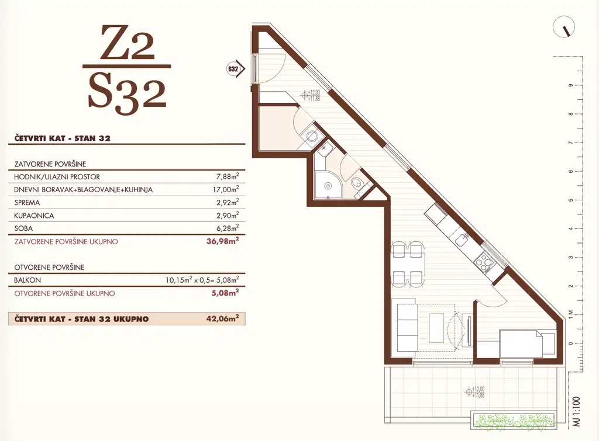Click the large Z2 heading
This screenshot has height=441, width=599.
(128, 43)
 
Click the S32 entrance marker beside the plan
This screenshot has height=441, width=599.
(236, 69)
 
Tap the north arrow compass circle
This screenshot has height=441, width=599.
(564, 27)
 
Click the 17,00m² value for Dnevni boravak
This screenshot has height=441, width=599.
(226, 189)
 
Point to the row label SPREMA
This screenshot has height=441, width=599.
(27, 203)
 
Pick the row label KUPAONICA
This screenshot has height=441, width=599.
(34, 216)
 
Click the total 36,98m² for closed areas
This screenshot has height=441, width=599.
(223, 241)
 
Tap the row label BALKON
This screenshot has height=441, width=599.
(27, 280)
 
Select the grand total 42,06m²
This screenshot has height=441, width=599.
(223, 318)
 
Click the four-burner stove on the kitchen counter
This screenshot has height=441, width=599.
(483, 262)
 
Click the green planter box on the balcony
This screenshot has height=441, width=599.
(513, 422)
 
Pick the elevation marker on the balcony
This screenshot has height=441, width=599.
(474, 392)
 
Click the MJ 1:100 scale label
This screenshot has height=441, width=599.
(576, 412)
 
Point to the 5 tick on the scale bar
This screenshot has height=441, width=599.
(571, 200)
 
